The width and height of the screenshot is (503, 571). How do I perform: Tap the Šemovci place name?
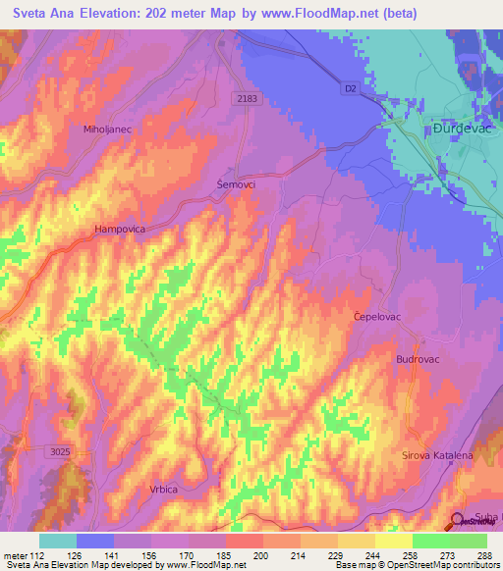(236, 183)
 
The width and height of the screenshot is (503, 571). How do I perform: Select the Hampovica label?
(120, 229)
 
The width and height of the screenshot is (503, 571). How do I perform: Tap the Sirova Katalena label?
(437, 456)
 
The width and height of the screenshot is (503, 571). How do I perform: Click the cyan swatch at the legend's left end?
(58, 541)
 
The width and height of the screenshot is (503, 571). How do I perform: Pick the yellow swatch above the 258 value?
(394, 541)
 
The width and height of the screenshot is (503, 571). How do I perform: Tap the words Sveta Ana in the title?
(47, 14)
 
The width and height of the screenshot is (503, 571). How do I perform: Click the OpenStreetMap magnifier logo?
(458, 521)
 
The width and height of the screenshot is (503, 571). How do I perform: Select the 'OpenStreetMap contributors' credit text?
(433, 565)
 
